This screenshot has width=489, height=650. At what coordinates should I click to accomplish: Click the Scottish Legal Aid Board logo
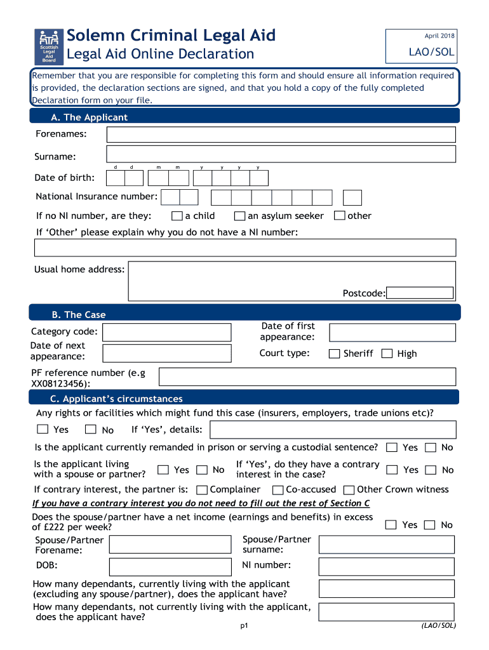pyautogui.click(x=49, y=46)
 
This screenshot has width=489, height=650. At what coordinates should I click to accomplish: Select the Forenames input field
pyautogui.click(x=281, y=135)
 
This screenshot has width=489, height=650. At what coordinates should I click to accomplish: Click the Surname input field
pyautogui.click(x=281, y=154)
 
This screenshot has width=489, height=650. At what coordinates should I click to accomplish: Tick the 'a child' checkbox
pyautogui.click(x=177, y=216)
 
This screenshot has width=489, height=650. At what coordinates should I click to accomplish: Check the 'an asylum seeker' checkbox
pyautogui.click(x=239, y=216)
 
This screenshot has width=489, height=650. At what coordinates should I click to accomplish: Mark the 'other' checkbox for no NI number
pyautogui.click(x=339, y=216)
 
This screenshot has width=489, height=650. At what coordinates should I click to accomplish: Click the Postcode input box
pyautogui.click(x=420, y=293)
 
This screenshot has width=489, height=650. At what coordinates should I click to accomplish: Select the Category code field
pyautogui.click(x=166, y=333)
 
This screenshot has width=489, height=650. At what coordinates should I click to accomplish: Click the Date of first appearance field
pyautogui.click(x=392, y=333)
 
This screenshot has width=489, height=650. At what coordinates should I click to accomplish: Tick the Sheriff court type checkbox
pyautogui.click(x=334, y=354)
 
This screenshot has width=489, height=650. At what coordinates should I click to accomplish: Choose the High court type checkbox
pyautogui.click(x=387, y=354)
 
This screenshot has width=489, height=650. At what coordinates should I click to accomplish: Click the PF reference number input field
pyautogui.click(x=307, y=376)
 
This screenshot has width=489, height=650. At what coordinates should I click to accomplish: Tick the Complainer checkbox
pyautogui.click(x=202, y=490)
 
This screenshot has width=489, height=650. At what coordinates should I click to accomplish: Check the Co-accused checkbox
pyautogui.click(x=278, y=490)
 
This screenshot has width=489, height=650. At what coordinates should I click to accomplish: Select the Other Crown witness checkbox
pyautogui.click(x=349, y=490)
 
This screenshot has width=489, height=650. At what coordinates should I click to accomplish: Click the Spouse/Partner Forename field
pyautogui.click(x=170, y=545)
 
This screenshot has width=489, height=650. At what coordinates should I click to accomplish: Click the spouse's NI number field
pyautogui.click(x=386, y=566)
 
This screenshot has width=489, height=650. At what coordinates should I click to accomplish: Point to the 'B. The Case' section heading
pyautogui.click(x=79, y=315)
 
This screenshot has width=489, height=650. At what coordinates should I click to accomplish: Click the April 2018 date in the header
pyautogui.click(x=439, y=36)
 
